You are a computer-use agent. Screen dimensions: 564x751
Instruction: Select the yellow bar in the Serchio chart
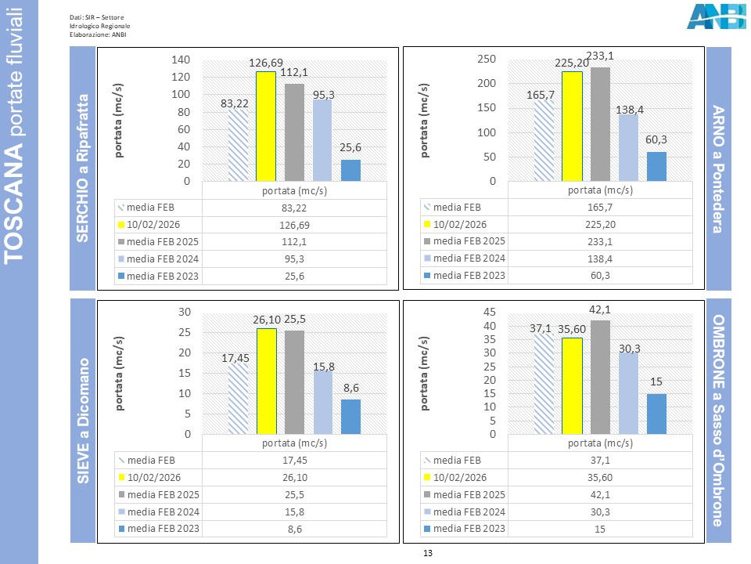(266, 126)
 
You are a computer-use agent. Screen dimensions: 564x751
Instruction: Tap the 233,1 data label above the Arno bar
(600, 56)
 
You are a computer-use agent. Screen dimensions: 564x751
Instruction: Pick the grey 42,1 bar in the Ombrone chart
(600, 377)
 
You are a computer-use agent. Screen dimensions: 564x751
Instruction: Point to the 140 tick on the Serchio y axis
(181, 60)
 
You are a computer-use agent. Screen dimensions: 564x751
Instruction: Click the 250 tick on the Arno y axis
(486, 60)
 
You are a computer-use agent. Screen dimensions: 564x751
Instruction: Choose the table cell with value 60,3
(600, 276)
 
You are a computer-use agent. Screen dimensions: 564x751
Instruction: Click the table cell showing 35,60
(600, 478)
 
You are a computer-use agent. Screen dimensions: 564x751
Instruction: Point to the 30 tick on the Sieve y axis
(184, 312)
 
